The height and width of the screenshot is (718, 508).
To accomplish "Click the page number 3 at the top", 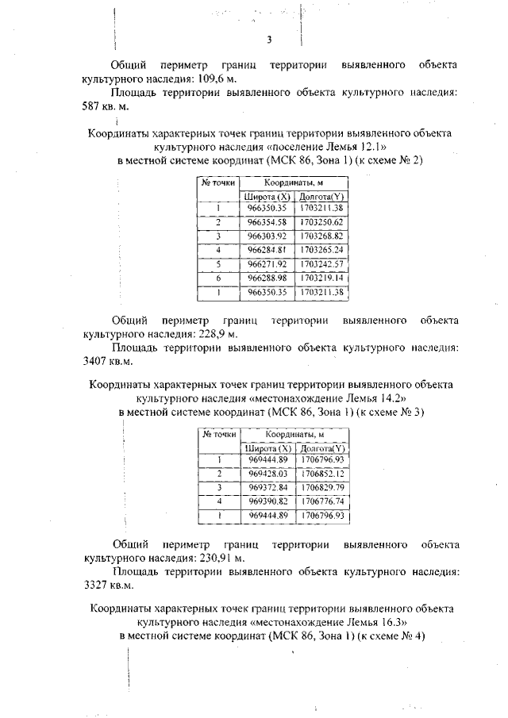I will point(270,40).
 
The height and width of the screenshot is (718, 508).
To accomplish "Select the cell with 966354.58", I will point(266,221).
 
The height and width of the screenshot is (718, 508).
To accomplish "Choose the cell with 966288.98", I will point(266,278).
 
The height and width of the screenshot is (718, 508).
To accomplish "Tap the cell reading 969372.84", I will point(266,486).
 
